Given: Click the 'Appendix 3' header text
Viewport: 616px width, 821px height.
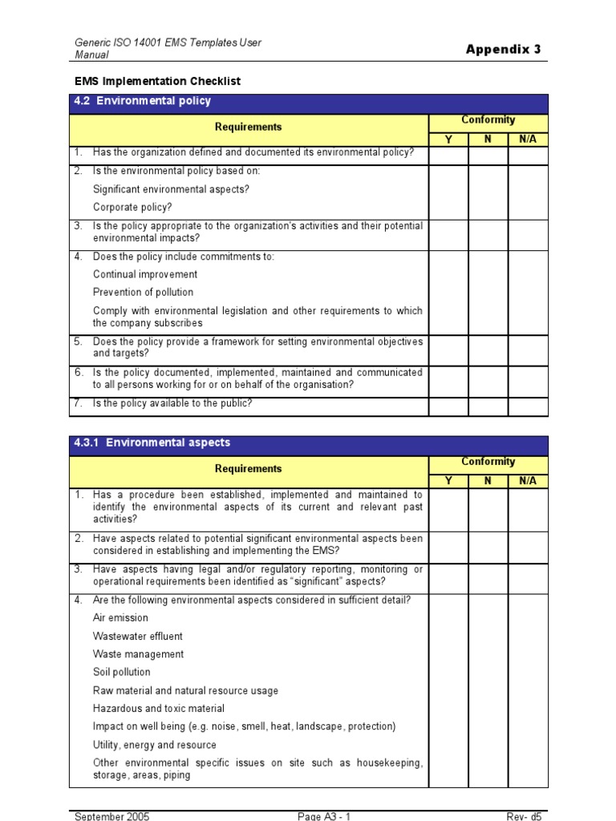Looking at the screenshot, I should (503, 50).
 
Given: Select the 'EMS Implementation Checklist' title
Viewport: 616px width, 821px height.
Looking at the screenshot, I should (157, 82).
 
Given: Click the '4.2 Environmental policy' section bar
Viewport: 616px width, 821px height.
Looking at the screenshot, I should (309, 102).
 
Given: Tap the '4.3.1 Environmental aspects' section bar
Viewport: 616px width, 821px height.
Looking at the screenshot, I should (309, 443).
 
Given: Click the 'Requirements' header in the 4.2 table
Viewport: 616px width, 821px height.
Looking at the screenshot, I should (249, 127).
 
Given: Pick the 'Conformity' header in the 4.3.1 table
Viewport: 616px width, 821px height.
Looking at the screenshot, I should (488, 462).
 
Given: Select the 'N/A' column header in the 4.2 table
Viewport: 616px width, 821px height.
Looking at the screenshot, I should (528, 140).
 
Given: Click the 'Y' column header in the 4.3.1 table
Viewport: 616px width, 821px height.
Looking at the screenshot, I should (448, 481).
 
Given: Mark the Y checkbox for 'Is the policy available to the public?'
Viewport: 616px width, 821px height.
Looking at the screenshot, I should (448, 407).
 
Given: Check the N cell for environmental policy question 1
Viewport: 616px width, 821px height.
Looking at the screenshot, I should (488, 156).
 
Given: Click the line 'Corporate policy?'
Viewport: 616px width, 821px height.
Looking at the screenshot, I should (132, 208).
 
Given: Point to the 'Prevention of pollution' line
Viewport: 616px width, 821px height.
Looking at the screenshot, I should (143, 293).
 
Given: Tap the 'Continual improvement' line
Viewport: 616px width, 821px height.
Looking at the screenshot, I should (145, 275).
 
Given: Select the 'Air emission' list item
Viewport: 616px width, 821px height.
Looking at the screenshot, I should (120, 618).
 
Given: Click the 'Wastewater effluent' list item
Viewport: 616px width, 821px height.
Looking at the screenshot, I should (137, 637).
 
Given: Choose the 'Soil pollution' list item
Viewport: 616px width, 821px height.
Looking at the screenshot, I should (121, 673).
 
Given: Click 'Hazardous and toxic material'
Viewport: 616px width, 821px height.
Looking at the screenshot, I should (158, 709).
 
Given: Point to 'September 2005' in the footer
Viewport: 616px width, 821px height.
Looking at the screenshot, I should (111, 816).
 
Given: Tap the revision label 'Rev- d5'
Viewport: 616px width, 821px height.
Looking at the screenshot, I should (526, 816).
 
